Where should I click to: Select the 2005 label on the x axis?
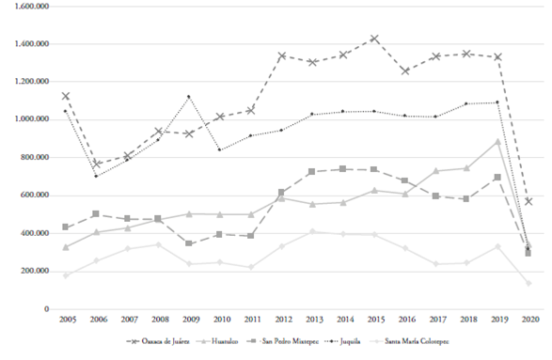pos(66,321)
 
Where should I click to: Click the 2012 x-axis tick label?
pos(281,321)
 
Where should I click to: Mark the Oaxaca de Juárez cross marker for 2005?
pos(66,96)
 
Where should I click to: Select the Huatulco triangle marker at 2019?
pos(497,142)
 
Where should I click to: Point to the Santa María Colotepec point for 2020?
pos(528,283)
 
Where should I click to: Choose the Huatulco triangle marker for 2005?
pos(66,247)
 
